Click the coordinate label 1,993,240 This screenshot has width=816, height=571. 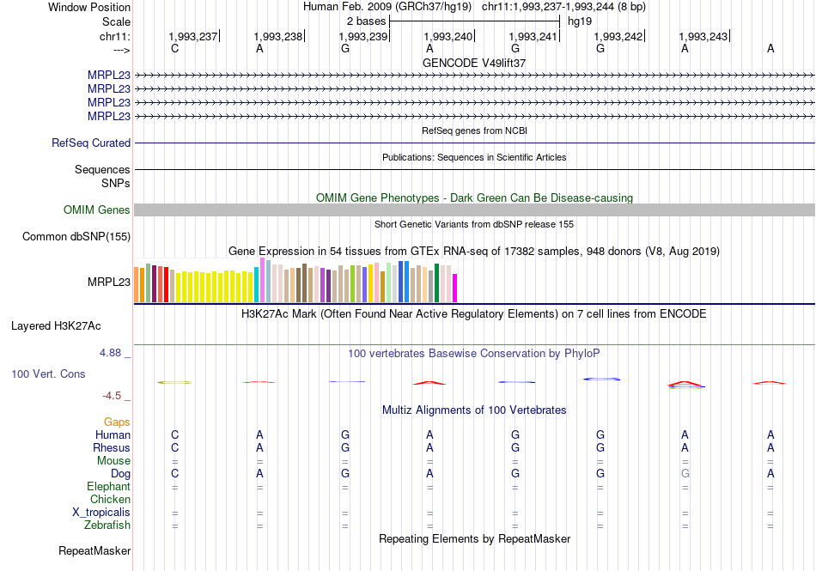448,36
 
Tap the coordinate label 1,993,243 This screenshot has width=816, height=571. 703,36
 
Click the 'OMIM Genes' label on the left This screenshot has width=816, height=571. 97,210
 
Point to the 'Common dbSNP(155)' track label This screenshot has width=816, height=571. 76,237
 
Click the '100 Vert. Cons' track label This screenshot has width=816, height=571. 48,374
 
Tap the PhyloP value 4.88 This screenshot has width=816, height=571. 112,353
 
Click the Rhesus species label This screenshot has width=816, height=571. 112,447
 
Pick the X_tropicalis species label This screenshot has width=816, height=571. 101,512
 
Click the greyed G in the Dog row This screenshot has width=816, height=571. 685,473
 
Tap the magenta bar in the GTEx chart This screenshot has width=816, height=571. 455,288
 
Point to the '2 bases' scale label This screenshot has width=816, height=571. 366,21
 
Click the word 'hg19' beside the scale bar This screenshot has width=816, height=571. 580,21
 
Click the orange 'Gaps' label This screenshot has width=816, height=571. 117,422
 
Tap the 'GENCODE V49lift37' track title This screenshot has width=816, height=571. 474,63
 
